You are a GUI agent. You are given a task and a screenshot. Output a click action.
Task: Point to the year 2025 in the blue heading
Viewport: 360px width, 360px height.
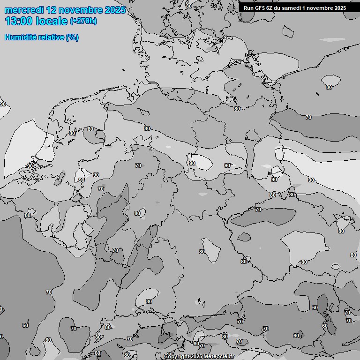click(116, 10)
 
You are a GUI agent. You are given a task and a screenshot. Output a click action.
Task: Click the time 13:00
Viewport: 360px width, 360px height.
click(19, 21)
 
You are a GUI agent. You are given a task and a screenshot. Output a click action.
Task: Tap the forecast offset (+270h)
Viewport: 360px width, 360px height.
click(83, 21)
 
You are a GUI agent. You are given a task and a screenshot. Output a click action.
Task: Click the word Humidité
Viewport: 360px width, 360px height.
click(19, 37)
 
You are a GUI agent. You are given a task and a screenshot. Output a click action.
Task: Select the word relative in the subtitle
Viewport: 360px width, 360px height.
click(50, 37)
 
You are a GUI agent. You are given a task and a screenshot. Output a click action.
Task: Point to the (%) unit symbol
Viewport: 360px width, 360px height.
click(72, 37)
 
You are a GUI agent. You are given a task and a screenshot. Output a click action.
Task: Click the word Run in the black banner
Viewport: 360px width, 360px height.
click(248, 8)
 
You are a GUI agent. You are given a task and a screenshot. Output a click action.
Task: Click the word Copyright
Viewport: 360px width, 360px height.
click(177, 357)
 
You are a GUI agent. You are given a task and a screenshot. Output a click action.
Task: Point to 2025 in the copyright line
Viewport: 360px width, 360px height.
click(196, 357)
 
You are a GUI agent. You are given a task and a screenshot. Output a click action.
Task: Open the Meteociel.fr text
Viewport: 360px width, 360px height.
click(219, 357)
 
